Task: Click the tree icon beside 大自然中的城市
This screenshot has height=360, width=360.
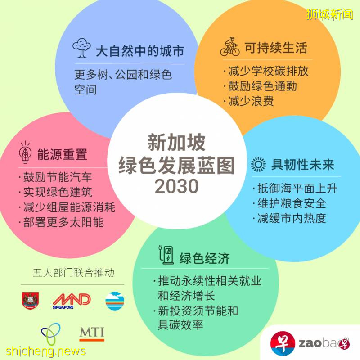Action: [x=81, y=48]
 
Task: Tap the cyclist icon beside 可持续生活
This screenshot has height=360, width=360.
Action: [x=230, y=48]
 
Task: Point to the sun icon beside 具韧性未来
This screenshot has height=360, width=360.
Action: [x=258, y=165]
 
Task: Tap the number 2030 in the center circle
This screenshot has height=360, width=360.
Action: [x=176, y=186]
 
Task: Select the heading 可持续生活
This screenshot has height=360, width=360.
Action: [x=275, y=48]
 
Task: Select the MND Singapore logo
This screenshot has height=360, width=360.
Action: [x=72, y=300]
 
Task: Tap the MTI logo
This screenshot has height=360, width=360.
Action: [x=92, y=333]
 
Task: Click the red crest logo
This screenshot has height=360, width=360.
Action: [x=31, y=301]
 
